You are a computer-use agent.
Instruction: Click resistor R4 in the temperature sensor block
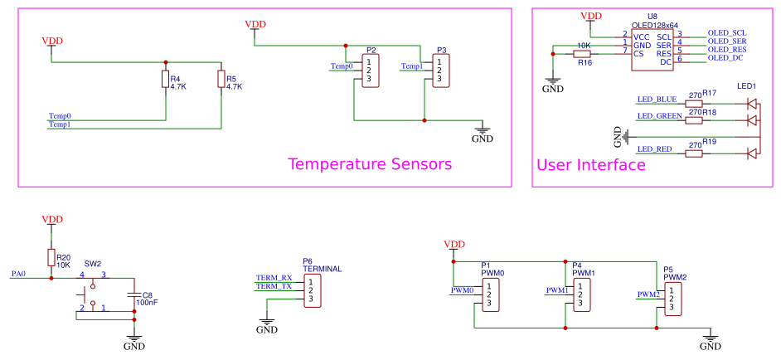pyautogui.click(x=166, y=80)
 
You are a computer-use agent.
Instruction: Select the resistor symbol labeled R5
pyautogui.click(x=221, y=80)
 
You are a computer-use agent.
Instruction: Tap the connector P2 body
pyautogui.click(x=371, y=71)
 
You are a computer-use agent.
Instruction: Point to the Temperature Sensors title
pyautogui.click(x=369, y=164)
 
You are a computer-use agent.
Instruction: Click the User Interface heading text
pyautogui.click(x=590, y=165)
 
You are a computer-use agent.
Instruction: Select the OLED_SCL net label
pyautogui.click(x=727, y=33)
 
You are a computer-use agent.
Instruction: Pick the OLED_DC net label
pyautogui.click(x=725, y=58)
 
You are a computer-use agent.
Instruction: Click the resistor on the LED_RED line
pyautogui.click(x=694, y=153)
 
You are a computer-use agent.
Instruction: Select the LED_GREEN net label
pyautogui.click(x=659, y=116)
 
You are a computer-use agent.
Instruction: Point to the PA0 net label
pyautogui.click(x=18, y=273)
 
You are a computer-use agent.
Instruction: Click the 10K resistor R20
pyautogui.click(x=51, y=257)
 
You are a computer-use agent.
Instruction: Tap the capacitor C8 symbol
pyautogui.click(x=133, y=294)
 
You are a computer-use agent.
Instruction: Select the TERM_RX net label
pyautogui.click(x=274, y=278)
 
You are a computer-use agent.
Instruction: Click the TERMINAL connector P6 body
pyautogui.click(x=313, y=292)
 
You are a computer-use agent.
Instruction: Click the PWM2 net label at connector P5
pyautogui.click(x=648, y=294)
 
